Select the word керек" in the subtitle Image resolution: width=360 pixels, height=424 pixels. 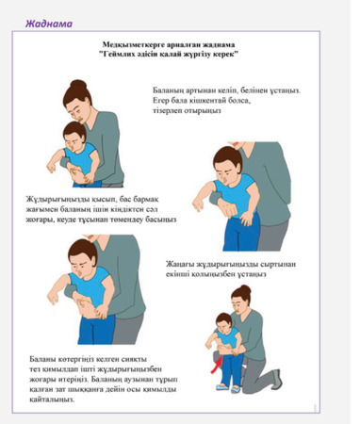click(x=223, y=54)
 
